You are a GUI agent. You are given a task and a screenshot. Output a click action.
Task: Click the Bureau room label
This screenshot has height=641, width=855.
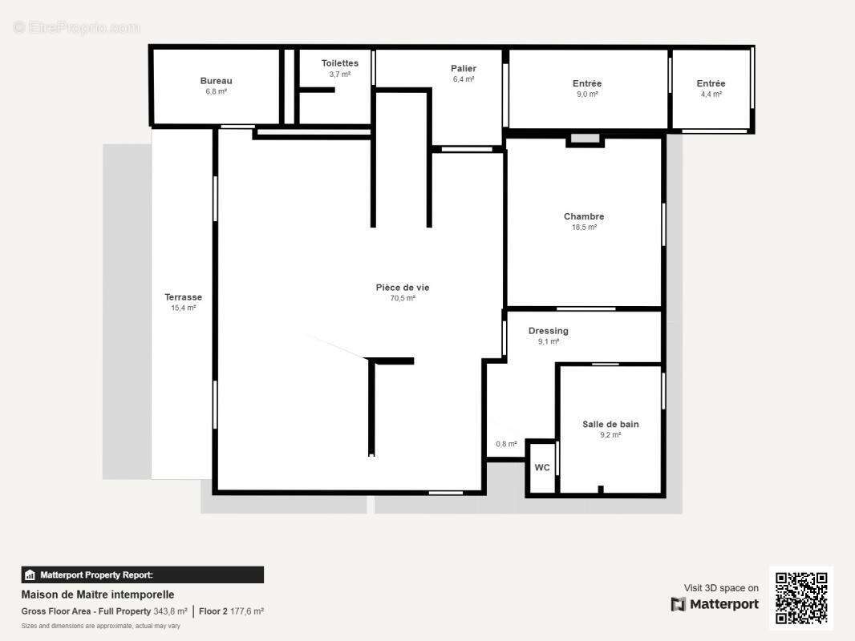pyautogui.click(x=216, y=81)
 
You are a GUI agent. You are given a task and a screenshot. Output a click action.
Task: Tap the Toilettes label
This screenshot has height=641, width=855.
pyautogui.click(x=340, y=64)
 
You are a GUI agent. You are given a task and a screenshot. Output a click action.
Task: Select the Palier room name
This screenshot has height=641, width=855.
pyautogui.click(x=464, y=69)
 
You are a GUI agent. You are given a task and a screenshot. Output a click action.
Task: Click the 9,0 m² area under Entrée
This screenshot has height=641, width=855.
pyautogui.click(x=587, y=95)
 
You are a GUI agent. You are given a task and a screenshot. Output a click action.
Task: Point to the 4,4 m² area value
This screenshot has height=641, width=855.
pyautogui.click(x=711, y=95)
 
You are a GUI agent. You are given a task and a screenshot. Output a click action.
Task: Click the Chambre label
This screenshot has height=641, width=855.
pyautogui.click(x=584, y=217)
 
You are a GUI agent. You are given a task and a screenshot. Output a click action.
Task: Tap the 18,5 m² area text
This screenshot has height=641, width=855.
pyautogui.click(x=584, y=228)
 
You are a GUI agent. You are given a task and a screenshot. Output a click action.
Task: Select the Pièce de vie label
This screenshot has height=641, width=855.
pyautogui.click(x=403, y=288)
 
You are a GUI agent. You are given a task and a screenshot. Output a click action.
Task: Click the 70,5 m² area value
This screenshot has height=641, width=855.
pyautogui.click(x=403, y=298)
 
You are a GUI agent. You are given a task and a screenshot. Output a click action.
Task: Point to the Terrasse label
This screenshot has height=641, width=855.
pyautogui.click(x=183, y=297)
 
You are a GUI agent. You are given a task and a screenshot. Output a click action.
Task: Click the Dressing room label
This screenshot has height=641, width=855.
pyautogui.click(x=548, y=331)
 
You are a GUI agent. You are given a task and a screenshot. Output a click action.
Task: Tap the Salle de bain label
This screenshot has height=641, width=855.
pyautogui.click(x=610, y=424)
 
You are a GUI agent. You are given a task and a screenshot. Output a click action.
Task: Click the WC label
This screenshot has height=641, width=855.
pyautogui.click(x=542, y=468)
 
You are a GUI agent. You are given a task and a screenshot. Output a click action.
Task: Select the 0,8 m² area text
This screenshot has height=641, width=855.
pyautogui.click(x=507, y=445)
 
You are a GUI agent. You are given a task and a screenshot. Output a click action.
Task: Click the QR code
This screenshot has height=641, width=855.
pyautogui.click(x=801, y=598)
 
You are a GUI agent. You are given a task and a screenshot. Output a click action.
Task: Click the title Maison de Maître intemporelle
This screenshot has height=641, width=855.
pyautogui.click(x=98, y=595)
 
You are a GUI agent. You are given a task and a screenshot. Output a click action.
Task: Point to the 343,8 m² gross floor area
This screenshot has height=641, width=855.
pyautogui.click(x=170, y=611)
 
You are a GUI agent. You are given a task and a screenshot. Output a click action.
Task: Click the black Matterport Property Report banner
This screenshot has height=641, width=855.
pyautogui.click(x=142, y=575)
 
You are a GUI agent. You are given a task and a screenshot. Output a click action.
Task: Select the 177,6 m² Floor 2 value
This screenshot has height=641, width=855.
pyautogui.click(x=246, y=611)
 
